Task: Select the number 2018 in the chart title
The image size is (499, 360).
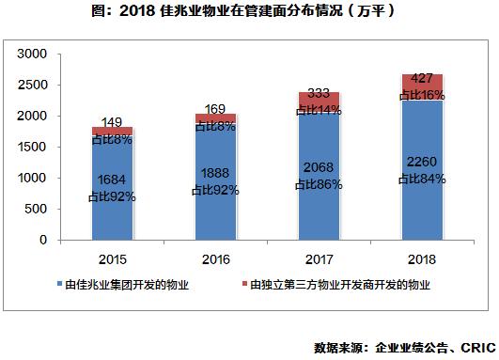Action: coord(139,13)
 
